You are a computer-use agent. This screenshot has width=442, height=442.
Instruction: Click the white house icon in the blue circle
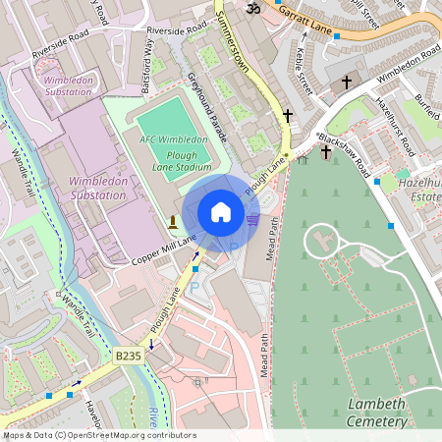(221, 212)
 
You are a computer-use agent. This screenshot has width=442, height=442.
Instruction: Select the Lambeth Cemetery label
(378, 413)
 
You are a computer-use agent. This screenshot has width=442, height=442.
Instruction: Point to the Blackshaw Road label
(346, 151)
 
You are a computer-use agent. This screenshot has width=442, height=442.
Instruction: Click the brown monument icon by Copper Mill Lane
(174, 220)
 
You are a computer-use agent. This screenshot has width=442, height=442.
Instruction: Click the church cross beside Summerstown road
(288, 116)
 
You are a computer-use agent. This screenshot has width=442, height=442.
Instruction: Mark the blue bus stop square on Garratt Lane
(337, 36)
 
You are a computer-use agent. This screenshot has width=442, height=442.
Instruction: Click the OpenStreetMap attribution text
(85, 435)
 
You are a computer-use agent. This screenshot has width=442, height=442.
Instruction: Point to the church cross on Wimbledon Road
(346, 83)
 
